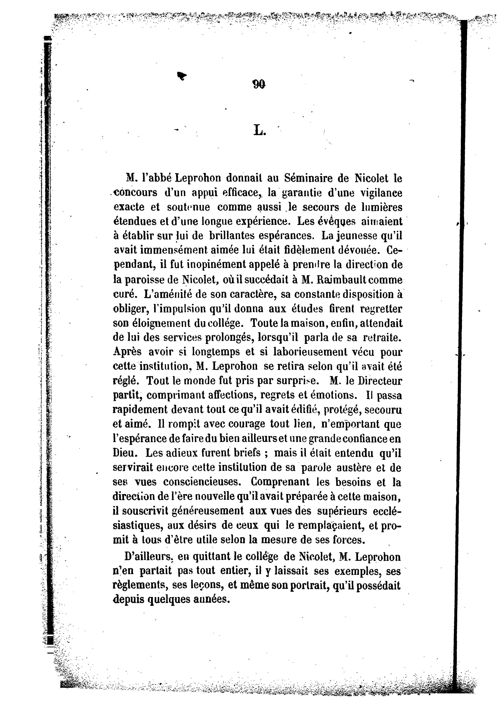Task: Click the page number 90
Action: tap(259, 85)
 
